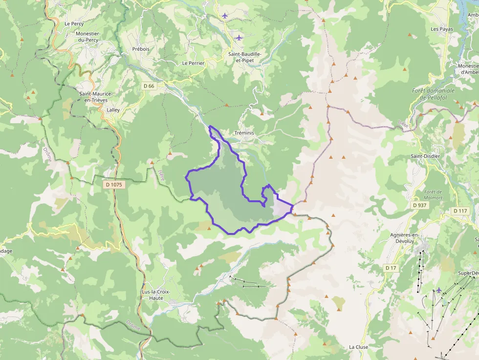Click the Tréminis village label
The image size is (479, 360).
click(245, 133)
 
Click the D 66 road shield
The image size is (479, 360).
click(149, 86)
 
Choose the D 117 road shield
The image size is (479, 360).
click(460, 211)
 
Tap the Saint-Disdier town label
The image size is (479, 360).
click(425, 156)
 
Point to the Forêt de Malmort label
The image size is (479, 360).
click(433, 194)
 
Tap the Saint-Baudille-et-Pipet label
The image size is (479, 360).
click(245, 57)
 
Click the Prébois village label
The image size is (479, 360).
click(140, 49)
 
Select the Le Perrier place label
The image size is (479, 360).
click(193, 63)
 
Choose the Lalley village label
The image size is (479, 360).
click(113, 110)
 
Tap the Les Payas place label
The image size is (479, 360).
click(442, 29)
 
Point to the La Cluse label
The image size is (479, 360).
click(358, 347)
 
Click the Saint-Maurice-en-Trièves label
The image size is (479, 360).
click(96, 97)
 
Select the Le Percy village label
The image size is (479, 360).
click(74, 23)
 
